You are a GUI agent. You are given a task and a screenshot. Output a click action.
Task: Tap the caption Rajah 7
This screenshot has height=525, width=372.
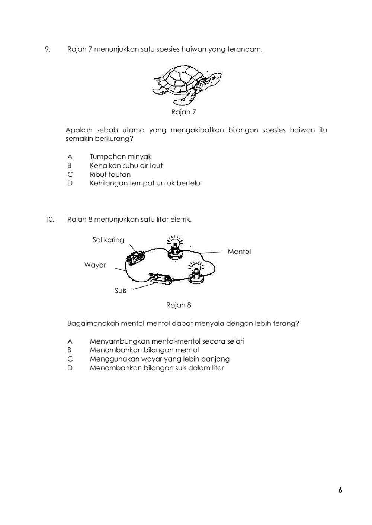pyautogui.click(x=183, y=112)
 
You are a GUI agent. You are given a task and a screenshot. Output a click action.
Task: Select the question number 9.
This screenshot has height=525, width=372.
pyautogui.click(x=48, y=49)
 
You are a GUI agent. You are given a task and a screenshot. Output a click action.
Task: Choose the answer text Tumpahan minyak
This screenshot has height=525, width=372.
pyautogui.click(x=121, y=157)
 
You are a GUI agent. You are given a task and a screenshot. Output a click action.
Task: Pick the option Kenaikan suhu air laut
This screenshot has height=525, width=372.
pyautogui.click(x=126, y=166)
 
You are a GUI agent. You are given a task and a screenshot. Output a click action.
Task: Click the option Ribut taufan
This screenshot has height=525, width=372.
pyautogui.click(x=110, y=175)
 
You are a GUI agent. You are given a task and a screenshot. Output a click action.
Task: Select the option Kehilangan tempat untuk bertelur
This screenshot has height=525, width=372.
pyautogui.click(x=146, y=183)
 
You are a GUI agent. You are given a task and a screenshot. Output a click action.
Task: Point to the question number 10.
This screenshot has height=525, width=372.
pyautogui.click(x=49, y=220)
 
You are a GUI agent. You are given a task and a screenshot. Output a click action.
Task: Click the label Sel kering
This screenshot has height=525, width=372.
pyautogui.click(x=108, y=240)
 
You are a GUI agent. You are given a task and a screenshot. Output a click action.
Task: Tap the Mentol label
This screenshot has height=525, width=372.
pyautogui.click(x=239, y=252)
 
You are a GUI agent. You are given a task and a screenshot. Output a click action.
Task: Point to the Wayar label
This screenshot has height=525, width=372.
pyautogui.click(x=95, y=265)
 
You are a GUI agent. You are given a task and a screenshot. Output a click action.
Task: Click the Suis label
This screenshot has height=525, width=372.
pyautogui.click(x=121, y=291)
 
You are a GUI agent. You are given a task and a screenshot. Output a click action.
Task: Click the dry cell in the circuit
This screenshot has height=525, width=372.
pyautogui.click(x=135, y=257)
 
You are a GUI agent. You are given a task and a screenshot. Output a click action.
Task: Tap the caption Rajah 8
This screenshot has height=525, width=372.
pyautogui.click(x=179, y=305)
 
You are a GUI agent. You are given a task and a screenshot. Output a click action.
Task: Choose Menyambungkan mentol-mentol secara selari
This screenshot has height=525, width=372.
pyautogui.click(x=167, y=341)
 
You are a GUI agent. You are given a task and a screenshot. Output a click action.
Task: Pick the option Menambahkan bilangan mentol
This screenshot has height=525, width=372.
pyautogui.click(x=144, y=350)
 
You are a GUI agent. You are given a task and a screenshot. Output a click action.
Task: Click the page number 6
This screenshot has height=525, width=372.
pyautogui.click(x=340, y=490)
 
